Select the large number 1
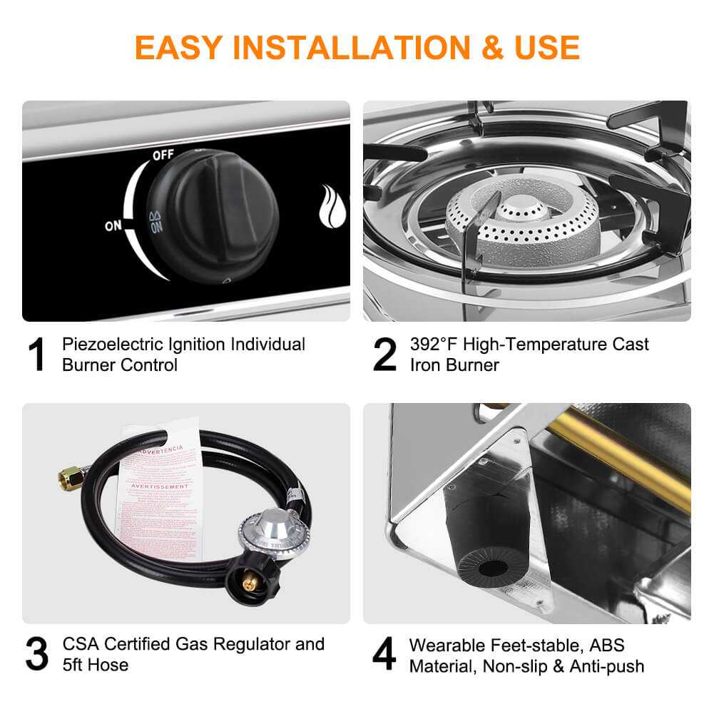pos(39,355)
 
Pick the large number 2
pos(384,355)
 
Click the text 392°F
pos(434,345)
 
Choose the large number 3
pos(39,655)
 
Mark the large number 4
pos(384,655)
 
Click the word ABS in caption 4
pos(604,645)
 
